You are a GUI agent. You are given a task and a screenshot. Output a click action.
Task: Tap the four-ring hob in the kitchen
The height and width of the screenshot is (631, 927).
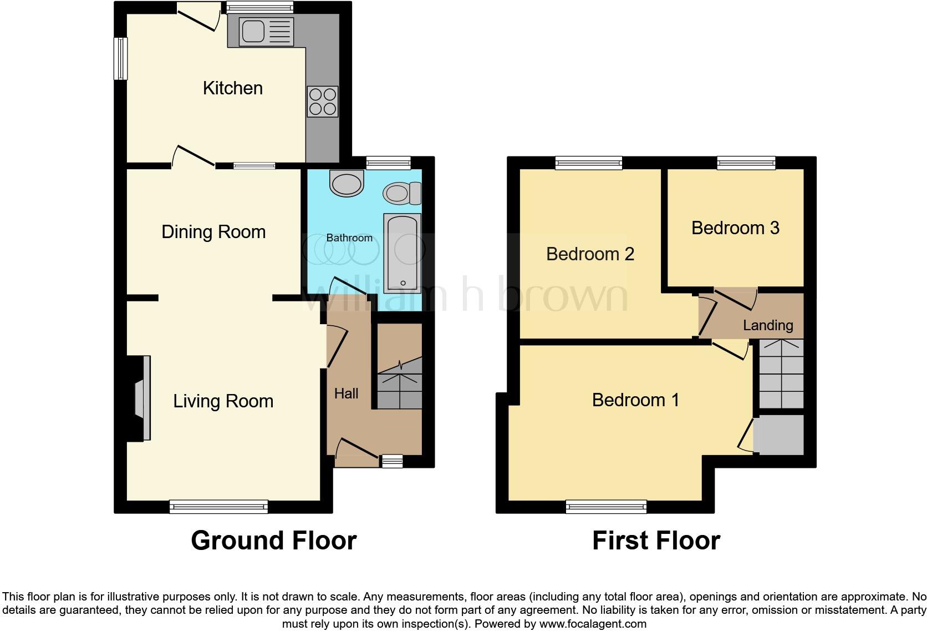pyautogui.click(x=323, y=102)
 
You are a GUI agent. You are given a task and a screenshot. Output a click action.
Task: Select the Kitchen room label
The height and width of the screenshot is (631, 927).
pyautogui.click(x=232, y=88)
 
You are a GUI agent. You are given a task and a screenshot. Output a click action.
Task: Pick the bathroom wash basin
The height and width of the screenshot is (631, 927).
pyautogui.click(x=347, y=183)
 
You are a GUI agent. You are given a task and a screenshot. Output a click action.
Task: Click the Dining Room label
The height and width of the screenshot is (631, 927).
pyautogui.click(x=213, y=232)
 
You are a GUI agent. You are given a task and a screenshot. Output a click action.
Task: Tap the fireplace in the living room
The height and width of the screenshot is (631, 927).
pyautogui.click(x=141, y=398)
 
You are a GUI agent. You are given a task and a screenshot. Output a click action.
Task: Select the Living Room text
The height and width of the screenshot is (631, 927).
pyautogui.click(x=223, y=401)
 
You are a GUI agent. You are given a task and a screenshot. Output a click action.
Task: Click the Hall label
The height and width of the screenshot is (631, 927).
pyautogui.click(x=346, y=394)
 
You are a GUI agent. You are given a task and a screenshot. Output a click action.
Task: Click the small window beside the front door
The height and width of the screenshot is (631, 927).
pyautogui.click(x=392, y=461)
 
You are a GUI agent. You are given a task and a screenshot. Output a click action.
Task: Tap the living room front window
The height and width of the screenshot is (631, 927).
pyautogui.click(x=218, y=506)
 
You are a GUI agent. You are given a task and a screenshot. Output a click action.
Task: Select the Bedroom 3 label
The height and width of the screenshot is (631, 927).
pyautogui.click(x=735, y=228)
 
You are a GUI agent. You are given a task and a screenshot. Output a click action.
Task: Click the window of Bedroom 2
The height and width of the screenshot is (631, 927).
pyautogui.click(x=589, y=163)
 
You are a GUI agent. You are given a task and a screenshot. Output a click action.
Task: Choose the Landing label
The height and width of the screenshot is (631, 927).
pyautogui.click(x=768, y=325)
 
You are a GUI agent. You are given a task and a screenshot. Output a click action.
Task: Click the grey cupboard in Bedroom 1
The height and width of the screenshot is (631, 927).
pyautogui.click(x=778, y=435)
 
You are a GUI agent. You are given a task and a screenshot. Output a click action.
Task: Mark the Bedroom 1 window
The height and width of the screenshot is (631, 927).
pyautogui.click(x=606, y=506)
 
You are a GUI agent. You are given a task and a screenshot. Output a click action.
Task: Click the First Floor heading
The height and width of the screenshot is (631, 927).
pyautogui.click(x=656, y=541)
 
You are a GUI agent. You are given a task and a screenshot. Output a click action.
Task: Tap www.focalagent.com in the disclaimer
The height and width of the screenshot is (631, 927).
pyautogui.click(x=593, y=624)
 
